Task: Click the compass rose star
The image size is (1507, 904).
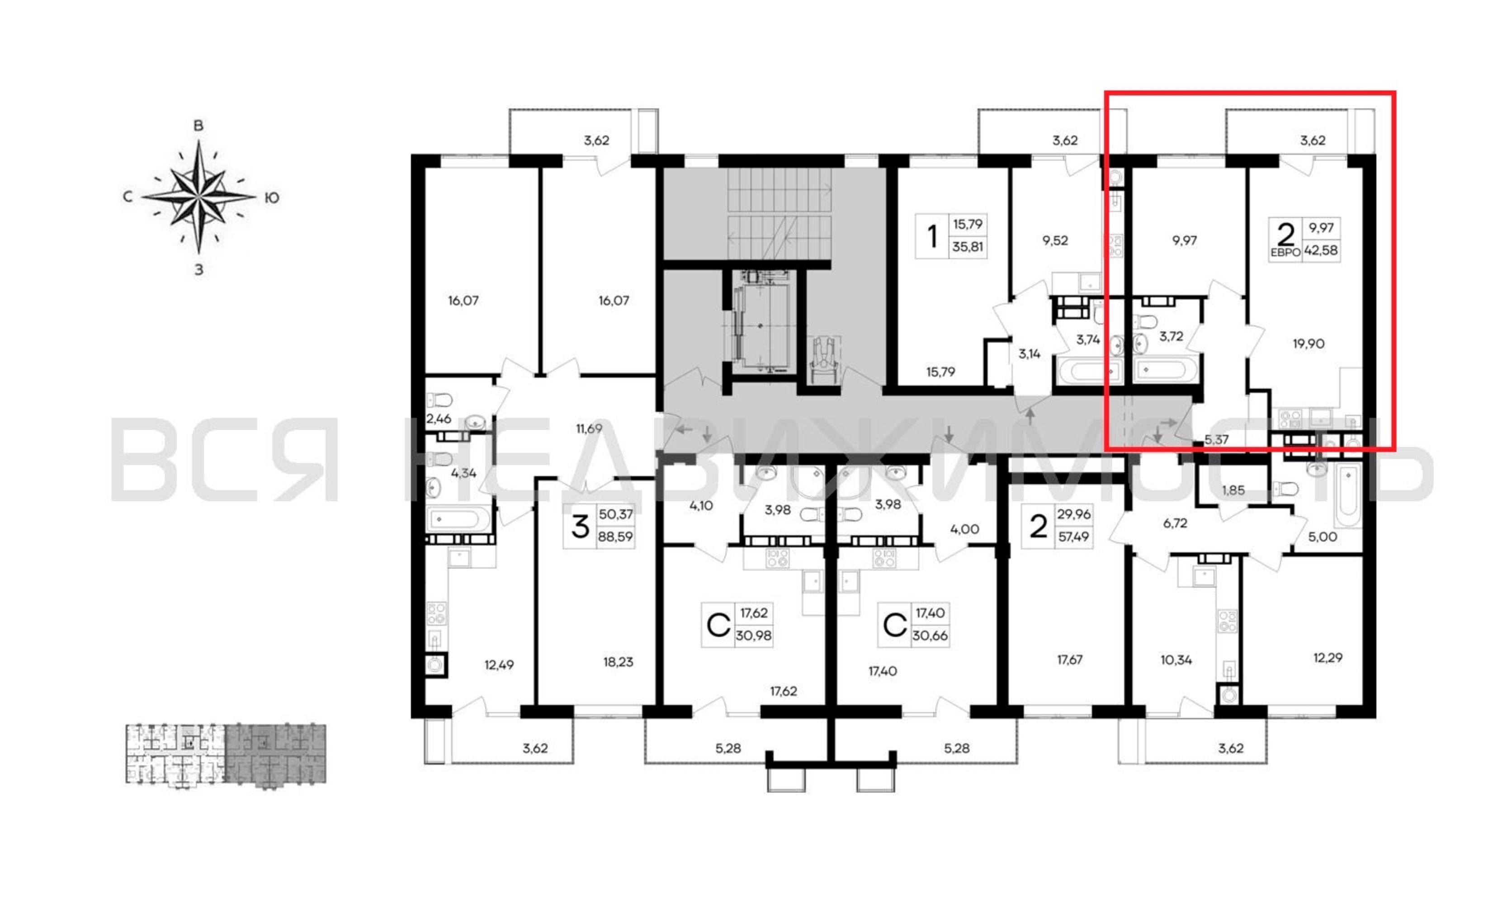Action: coord(198,197)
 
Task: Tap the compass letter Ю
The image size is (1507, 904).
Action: coord(272,198)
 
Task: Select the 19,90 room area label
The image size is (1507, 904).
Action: coord(1309,344)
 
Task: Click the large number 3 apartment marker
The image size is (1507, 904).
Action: coord(580,526)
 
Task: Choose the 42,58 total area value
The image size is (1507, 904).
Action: coord(1321,250)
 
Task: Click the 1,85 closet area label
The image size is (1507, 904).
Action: coord(1233,490)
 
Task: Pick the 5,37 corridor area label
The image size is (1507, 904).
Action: coord(1216,440)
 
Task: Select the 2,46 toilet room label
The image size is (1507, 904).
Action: coord(439,419)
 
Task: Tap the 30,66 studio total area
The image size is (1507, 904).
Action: coord(930,636)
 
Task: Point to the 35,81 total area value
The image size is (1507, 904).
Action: coord(968,247)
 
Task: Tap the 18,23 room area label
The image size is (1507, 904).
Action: coord(618,662)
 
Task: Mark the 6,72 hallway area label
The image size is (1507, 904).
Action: coord(1175,523)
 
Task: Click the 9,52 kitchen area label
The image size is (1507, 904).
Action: coord(1055,240)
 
